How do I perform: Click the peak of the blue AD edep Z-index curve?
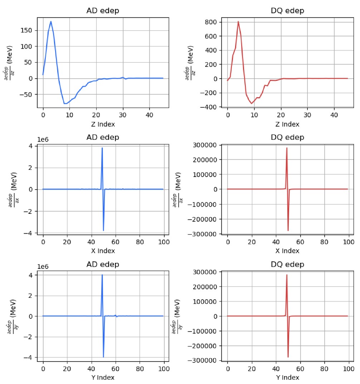click(51, 21)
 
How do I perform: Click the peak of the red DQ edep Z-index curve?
click(238, 21)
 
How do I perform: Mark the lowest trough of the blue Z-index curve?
click(65, 104)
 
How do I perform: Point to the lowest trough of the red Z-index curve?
click(252, 103)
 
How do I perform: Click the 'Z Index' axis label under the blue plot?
click(103, 124)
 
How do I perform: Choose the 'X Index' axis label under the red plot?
click(287, 251)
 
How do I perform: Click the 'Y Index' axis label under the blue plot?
click(103, 377)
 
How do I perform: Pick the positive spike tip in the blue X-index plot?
click(102, 148)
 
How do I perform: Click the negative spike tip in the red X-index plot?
click(288, 231)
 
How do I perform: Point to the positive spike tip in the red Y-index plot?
click(287, 275)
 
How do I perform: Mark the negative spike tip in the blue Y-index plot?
click(103, 357)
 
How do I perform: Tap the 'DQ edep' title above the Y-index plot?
click(287, 264)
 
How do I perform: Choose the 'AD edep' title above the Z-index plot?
click(103, 11)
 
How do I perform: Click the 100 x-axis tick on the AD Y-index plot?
click(164, 368)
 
